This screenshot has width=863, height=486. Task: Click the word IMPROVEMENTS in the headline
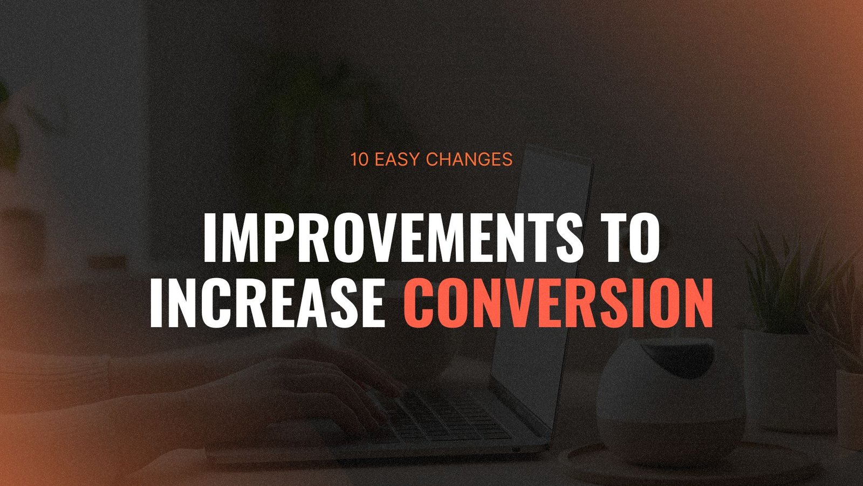(393, 237)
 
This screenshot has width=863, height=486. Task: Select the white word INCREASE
(268, 303)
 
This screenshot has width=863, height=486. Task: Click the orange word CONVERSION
(558, 303)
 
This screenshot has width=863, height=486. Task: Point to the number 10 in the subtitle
(359, 159)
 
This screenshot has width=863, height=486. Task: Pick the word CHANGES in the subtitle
(469, 159)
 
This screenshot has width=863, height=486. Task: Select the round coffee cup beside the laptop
(670, 401)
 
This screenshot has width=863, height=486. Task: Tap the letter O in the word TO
(644, 237)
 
